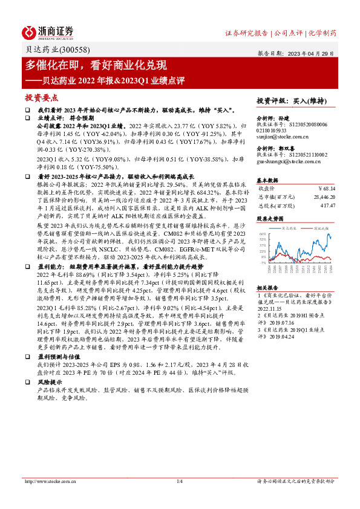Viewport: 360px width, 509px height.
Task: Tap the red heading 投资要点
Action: (42, 97)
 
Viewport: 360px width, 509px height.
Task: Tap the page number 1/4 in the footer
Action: (180, 481)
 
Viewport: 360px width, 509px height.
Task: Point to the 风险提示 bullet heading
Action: (50, 383)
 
